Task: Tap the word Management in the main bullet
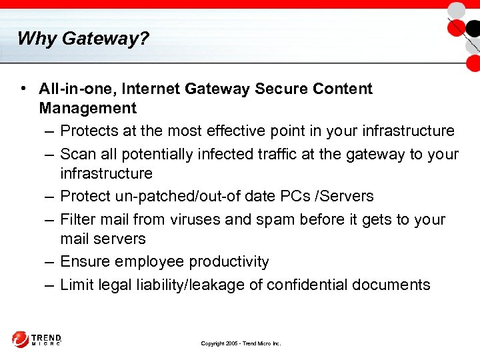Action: pyautogui.click(x=87, y=108)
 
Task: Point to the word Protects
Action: pyautogui.click(x=89, y=131)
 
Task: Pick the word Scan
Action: pyautogui.click(x=77, y=154)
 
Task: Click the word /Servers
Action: pyautogui.click(x=345, y=196)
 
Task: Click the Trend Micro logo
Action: pyautogui.click(x=37, y=339)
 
